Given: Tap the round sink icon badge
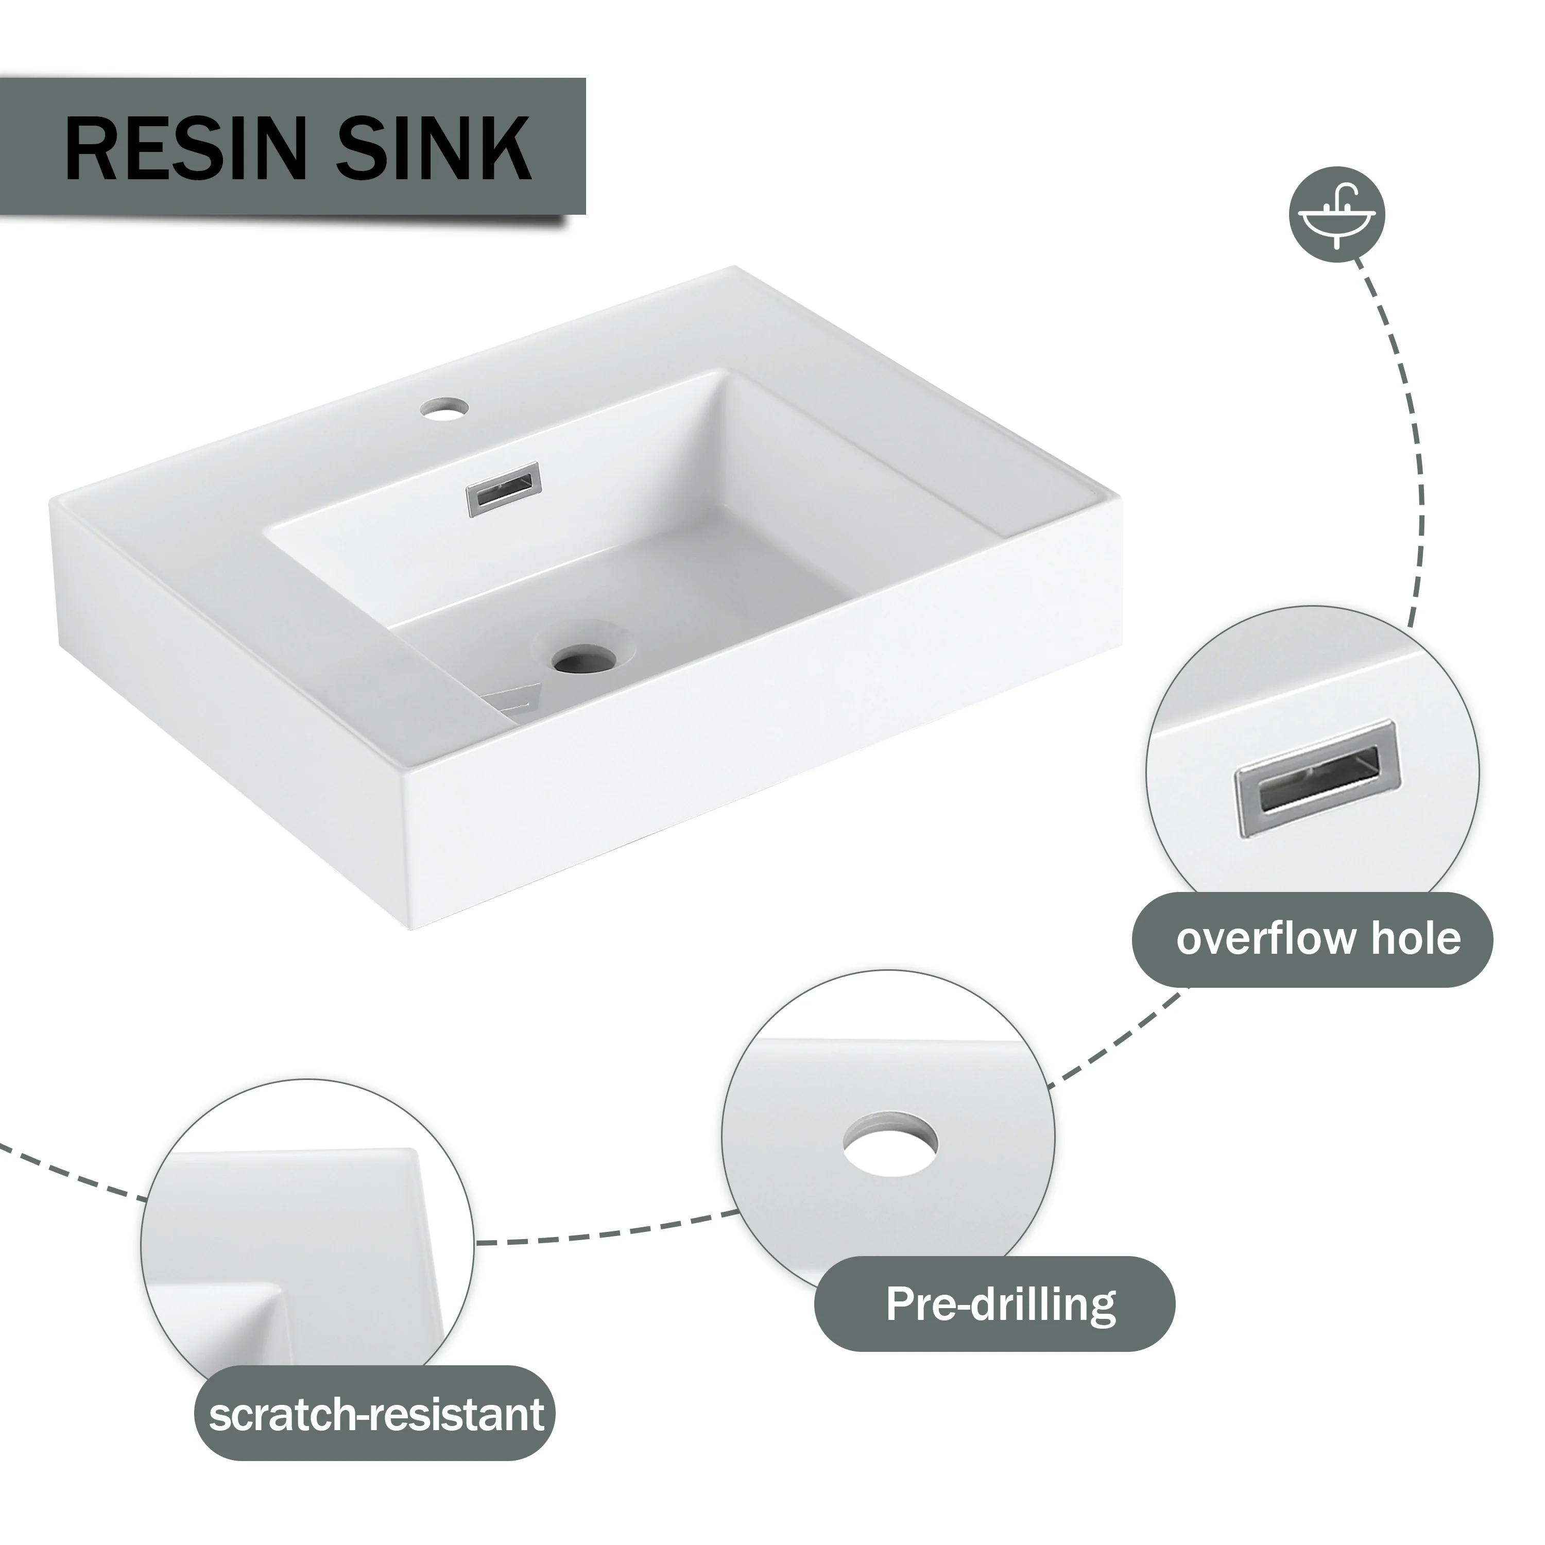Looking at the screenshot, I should (x=1337, y=214).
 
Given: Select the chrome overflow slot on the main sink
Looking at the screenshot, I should (x=504, y=489).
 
